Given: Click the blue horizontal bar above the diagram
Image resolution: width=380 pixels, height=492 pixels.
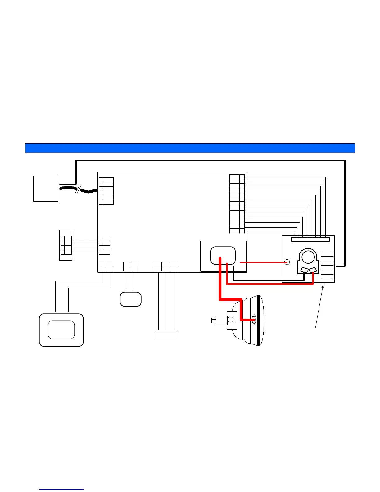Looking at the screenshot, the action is [190, 148].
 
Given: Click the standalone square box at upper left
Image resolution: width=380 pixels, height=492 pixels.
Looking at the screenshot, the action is [46, 189].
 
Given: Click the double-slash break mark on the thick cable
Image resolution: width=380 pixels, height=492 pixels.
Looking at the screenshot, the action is [78, 189].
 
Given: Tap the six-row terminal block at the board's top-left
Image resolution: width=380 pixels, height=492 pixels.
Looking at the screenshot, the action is [106, 191].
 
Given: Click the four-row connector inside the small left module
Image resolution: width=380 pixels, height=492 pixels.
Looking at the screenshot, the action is [66, 245].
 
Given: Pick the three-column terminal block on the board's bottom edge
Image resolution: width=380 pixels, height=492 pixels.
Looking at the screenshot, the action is [165, 266].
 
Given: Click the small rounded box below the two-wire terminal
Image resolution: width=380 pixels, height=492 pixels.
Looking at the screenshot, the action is [131, 299].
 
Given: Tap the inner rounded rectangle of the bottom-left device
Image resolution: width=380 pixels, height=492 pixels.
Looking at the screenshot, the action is [61, 330].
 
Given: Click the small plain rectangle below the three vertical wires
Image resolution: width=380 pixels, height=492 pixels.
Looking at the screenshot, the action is [167, 336].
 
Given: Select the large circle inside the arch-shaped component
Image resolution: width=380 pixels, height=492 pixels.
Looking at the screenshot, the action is [308, 257].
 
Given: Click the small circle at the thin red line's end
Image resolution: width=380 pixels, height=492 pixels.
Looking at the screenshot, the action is [287, 262].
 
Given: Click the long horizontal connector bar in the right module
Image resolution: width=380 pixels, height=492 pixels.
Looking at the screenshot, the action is [310, 239].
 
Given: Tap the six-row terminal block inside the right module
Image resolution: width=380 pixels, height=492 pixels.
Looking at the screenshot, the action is [327, 265].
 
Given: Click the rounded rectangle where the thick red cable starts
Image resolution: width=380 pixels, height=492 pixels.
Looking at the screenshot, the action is [223, 255].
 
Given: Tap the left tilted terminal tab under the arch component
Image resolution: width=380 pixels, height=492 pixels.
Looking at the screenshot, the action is [304, 270].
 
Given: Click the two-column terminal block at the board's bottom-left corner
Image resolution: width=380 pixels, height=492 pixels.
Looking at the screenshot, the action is [106, 266].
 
